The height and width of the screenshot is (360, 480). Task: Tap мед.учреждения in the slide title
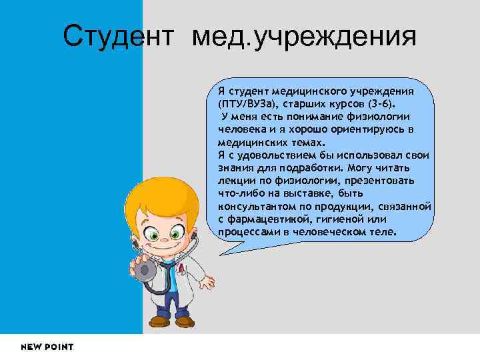click(x=304, y=37)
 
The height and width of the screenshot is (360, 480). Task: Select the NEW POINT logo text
click(x=47, y=347)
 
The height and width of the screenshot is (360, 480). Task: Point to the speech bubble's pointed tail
click(x=224, y=249)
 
